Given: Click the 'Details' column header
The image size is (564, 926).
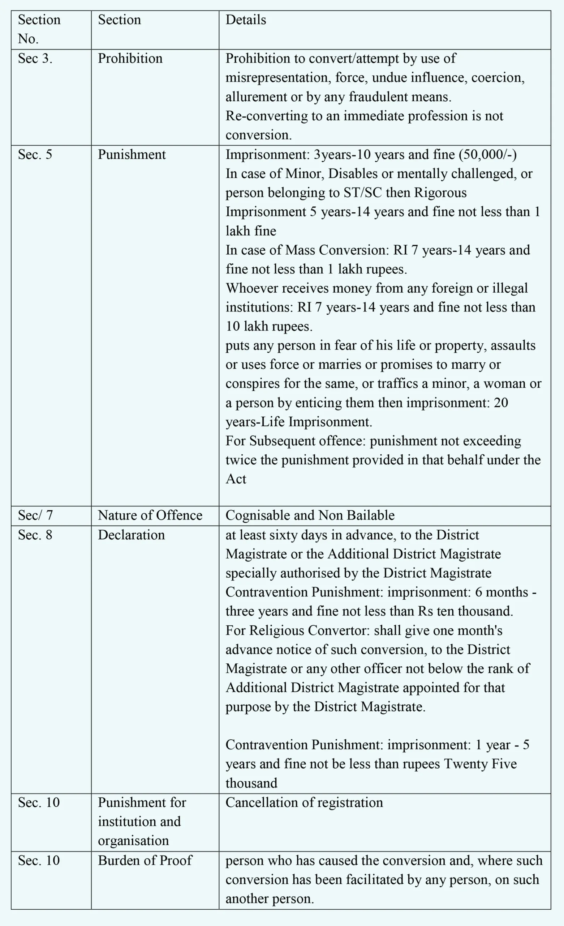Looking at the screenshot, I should pos(246,20).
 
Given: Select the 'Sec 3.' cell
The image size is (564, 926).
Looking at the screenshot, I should pos(35,59).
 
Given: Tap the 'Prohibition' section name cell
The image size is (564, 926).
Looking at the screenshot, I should pos(130,59).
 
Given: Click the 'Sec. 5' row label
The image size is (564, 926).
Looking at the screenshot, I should pos(35,154).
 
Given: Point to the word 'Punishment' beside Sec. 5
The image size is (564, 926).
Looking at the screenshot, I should pos(132,154).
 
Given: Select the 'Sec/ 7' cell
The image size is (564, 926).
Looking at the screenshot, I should pos(35,515).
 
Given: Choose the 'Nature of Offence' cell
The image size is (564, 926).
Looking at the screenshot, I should pos(150,515).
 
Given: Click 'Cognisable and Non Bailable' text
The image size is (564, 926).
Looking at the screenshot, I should pos(310,515).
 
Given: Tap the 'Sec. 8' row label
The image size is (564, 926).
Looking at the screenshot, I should pos(35,535).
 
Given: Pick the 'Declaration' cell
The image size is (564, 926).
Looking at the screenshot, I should pos(131,535).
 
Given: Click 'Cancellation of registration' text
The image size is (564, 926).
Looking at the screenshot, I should pos(304,802).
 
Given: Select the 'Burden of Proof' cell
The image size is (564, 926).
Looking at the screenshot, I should pos(145,860).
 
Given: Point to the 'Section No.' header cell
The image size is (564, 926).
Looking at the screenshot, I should pos(39,29).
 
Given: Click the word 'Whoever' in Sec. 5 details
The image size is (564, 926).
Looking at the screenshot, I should pos(251,288).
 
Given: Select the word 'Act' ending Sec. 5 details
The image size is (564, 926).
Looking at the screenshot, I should pos(236,479).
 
